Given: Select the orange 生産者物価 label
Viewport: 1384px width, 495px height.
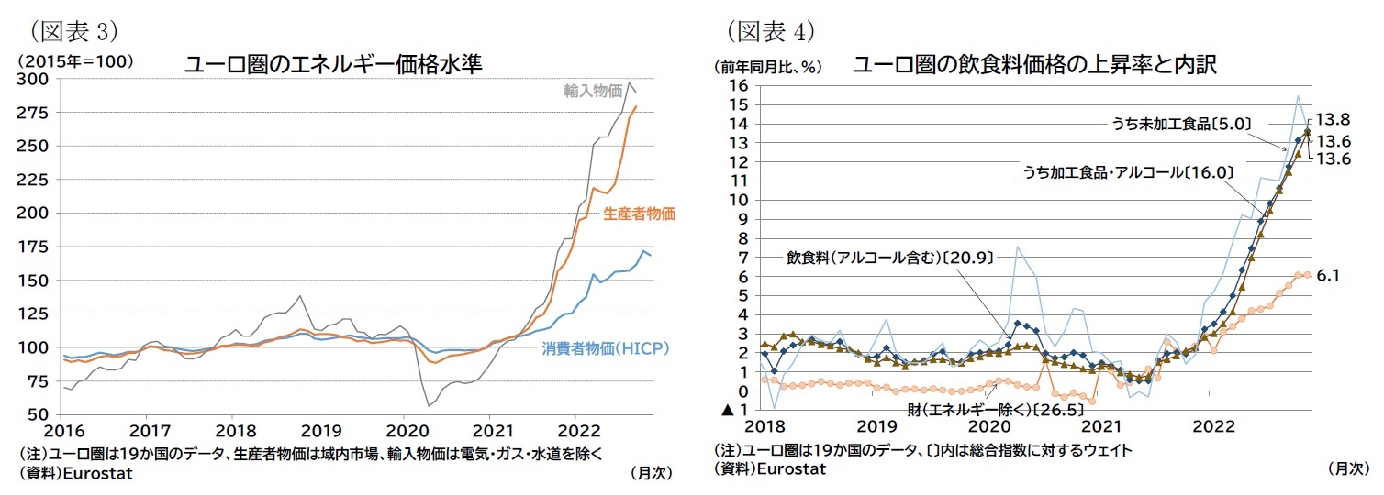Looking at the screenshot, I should click(639, 214).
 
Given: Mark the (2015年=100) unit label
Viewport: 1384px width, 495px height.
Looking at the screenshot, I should click(74, 61).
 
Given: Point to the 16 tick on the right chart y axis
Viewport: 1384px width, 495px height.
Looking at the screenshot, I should click(738, 85).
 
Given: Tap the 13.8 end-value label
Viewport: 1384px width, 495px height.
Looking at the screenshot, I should click(1332, 120).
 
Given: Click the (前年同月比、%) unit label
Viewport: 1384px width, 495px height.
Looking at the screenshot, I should click(767, 67).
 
